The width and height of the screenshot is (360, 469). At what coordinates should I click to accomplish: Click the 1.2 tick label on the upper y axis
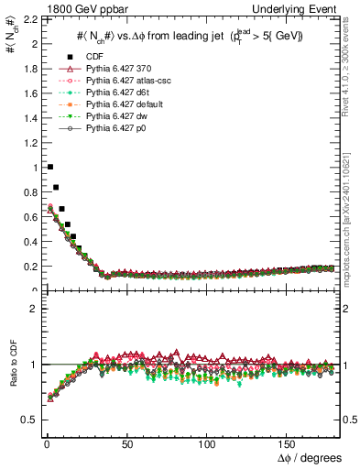27,143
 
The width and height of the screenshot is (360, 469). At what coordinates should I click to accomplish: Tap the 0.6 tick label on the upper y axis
27,217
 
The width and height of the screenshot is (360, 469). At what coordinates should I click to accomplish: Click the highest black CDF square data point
49,167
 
